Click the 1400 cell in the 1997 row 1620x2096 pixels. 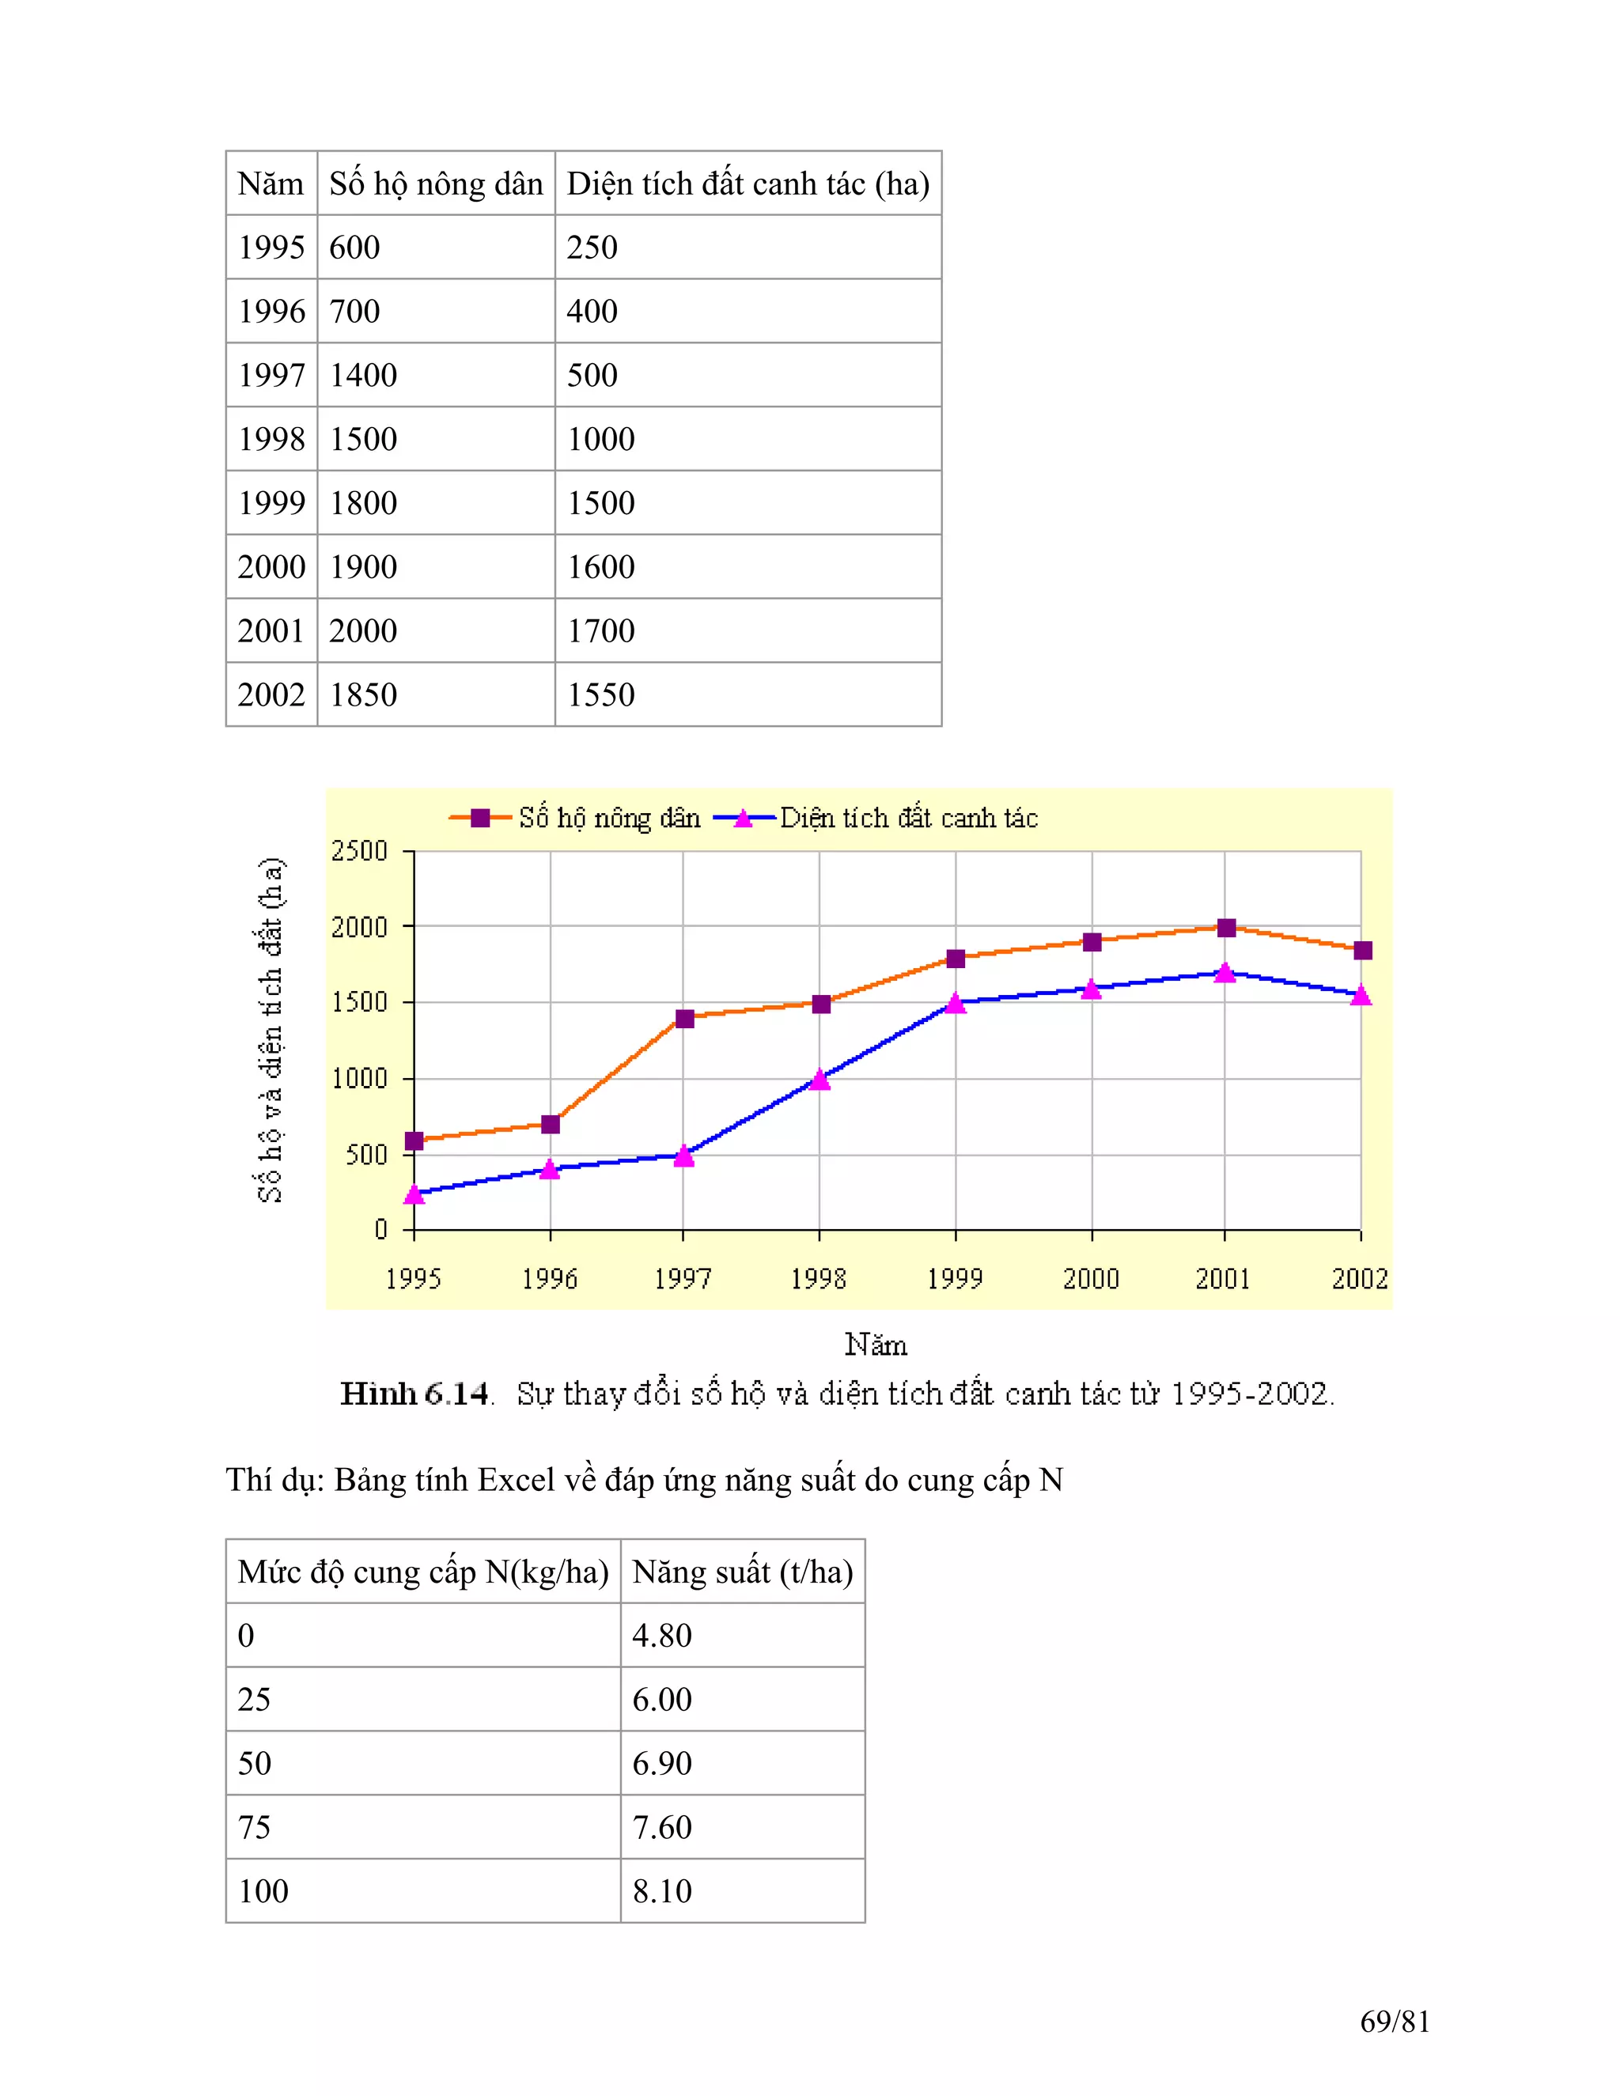tap(363, 375)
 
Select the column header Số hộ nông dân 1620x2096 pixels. tap(436, 183)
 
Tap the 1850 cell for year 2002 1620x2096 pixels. tap(363, 694)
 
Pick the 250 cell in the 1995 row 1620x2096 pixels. tap(592, 248)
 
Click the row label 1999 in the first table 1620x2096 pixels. tap(271, 503)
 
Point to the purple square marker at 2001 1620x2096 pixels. tap(1225, 928)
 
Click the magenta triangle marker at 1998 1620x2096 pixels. tap(819, 1080)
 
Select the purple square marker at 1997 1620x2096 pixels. tap(684, 1018)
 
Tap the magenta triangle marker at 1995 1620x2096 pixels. tap(414, 1194)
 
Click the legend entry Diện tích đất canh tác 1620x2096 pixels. tap(908, 818)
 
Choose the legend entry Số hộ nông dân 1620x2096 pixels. tap(608, 818)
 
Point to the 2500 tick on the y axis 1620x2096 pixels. tap(360, 851)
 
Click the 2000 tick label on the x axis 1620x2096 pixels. tap(1091, 1278)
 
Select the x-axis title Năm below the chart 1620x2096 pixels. tap(876, 1345)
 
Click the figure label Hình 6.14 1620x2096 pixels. tap(414, 1394)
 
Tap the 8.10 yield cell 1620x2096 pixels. tap(662, 1890)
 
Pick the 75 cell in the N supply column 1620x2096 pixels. tap(255, 1826)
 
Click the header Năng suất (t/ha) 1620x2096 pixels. tap(742, 1571)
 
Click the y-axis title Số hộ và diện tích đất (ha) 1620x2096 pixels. tap(271, 1029)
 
